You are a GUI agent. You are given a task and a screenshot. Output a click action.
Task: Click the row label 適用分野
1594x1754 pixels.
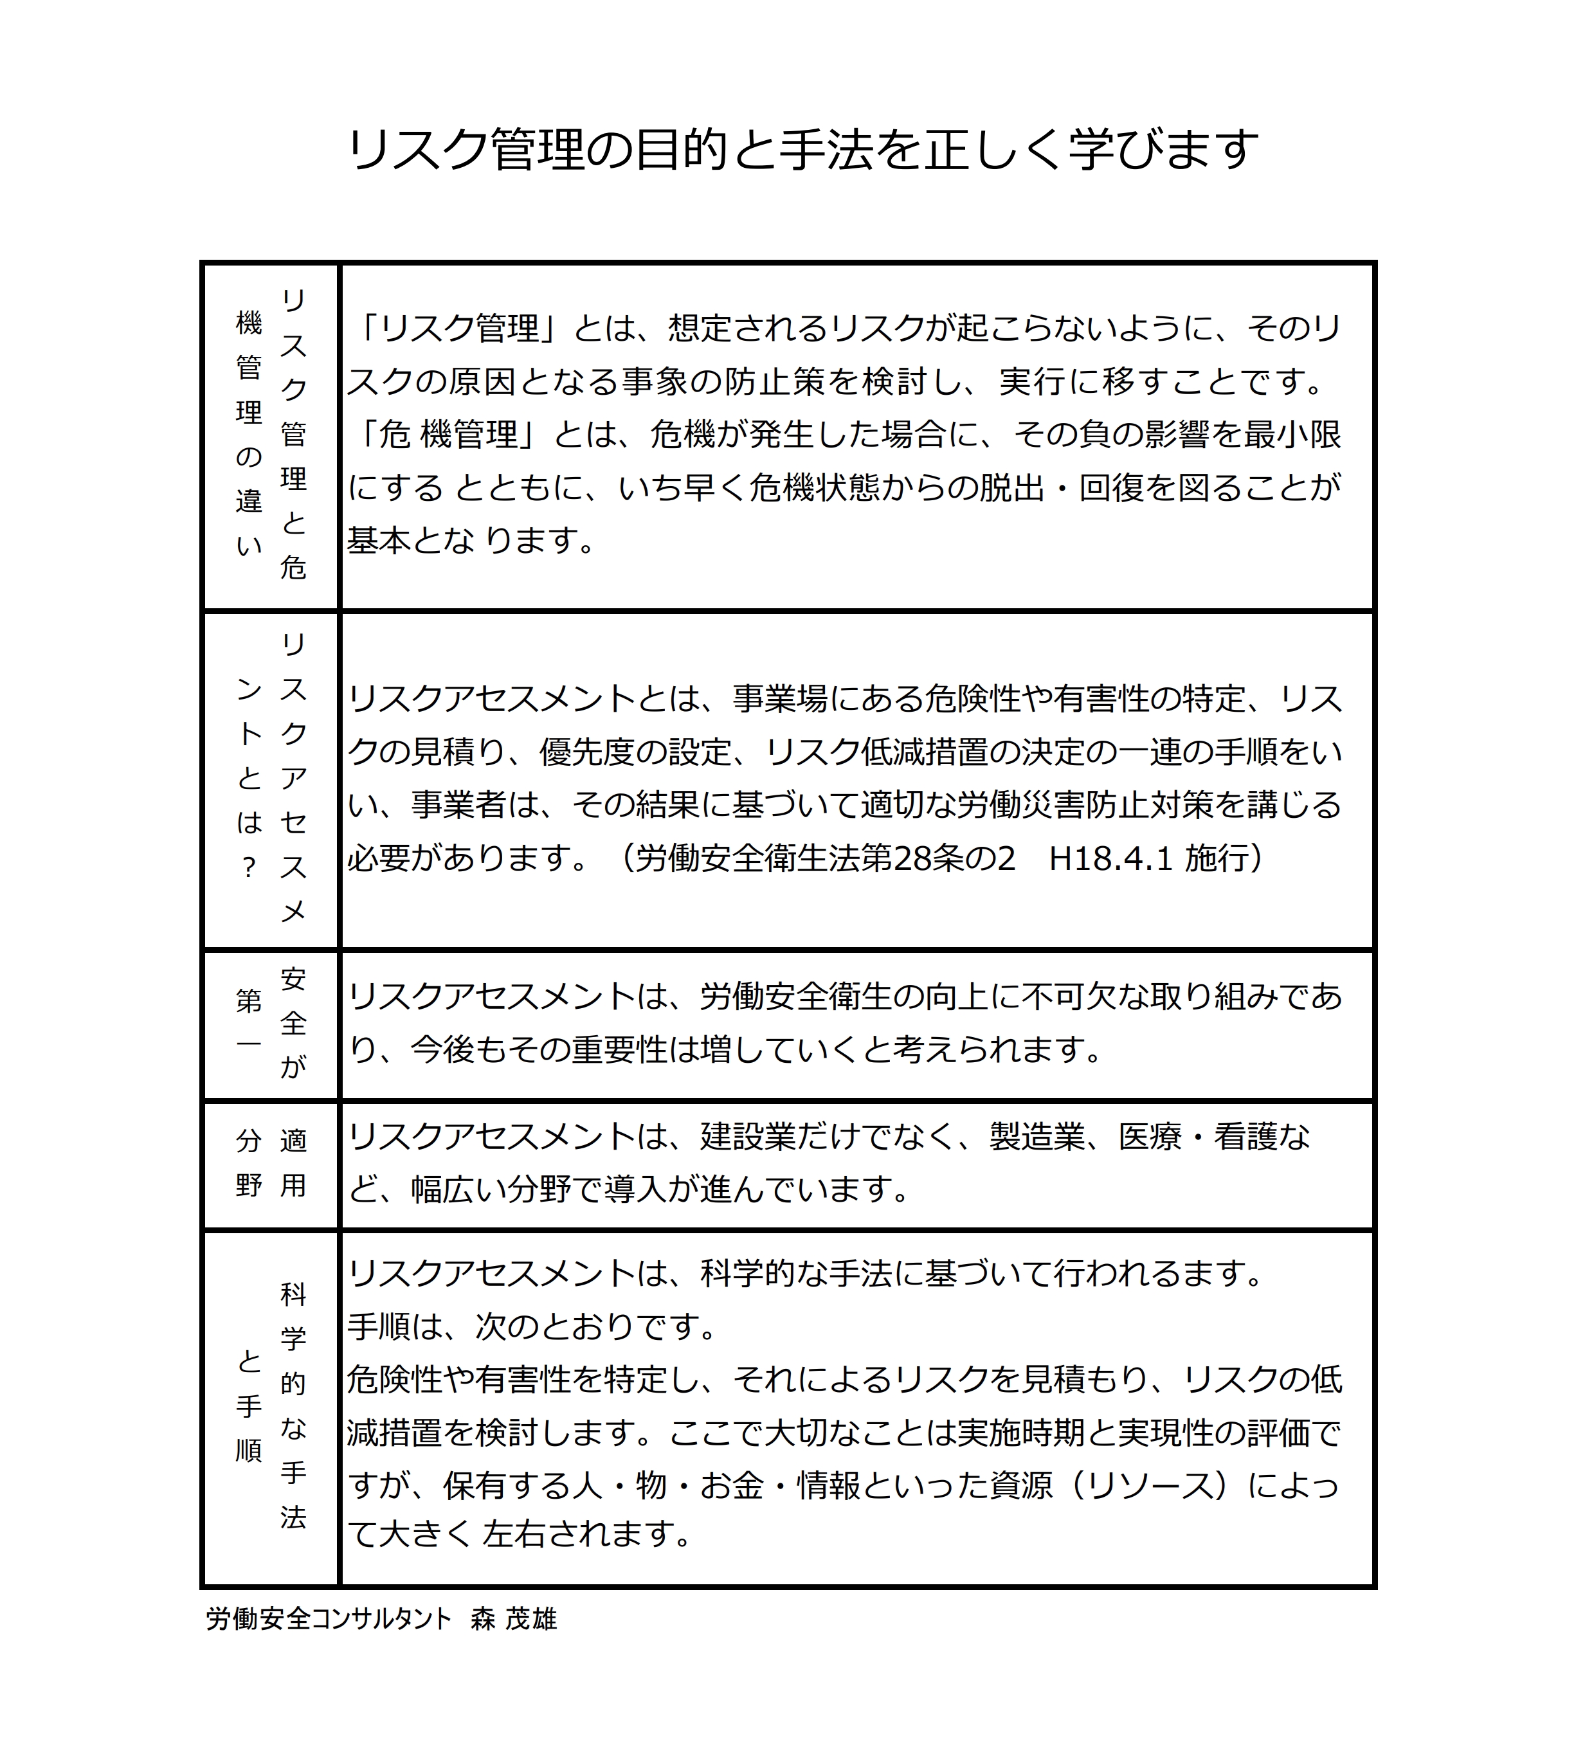pos(271,1162)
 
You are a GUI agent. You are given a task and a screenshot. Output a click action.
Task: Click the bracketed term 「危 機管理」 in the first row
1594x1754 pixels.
pos(448,434)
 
